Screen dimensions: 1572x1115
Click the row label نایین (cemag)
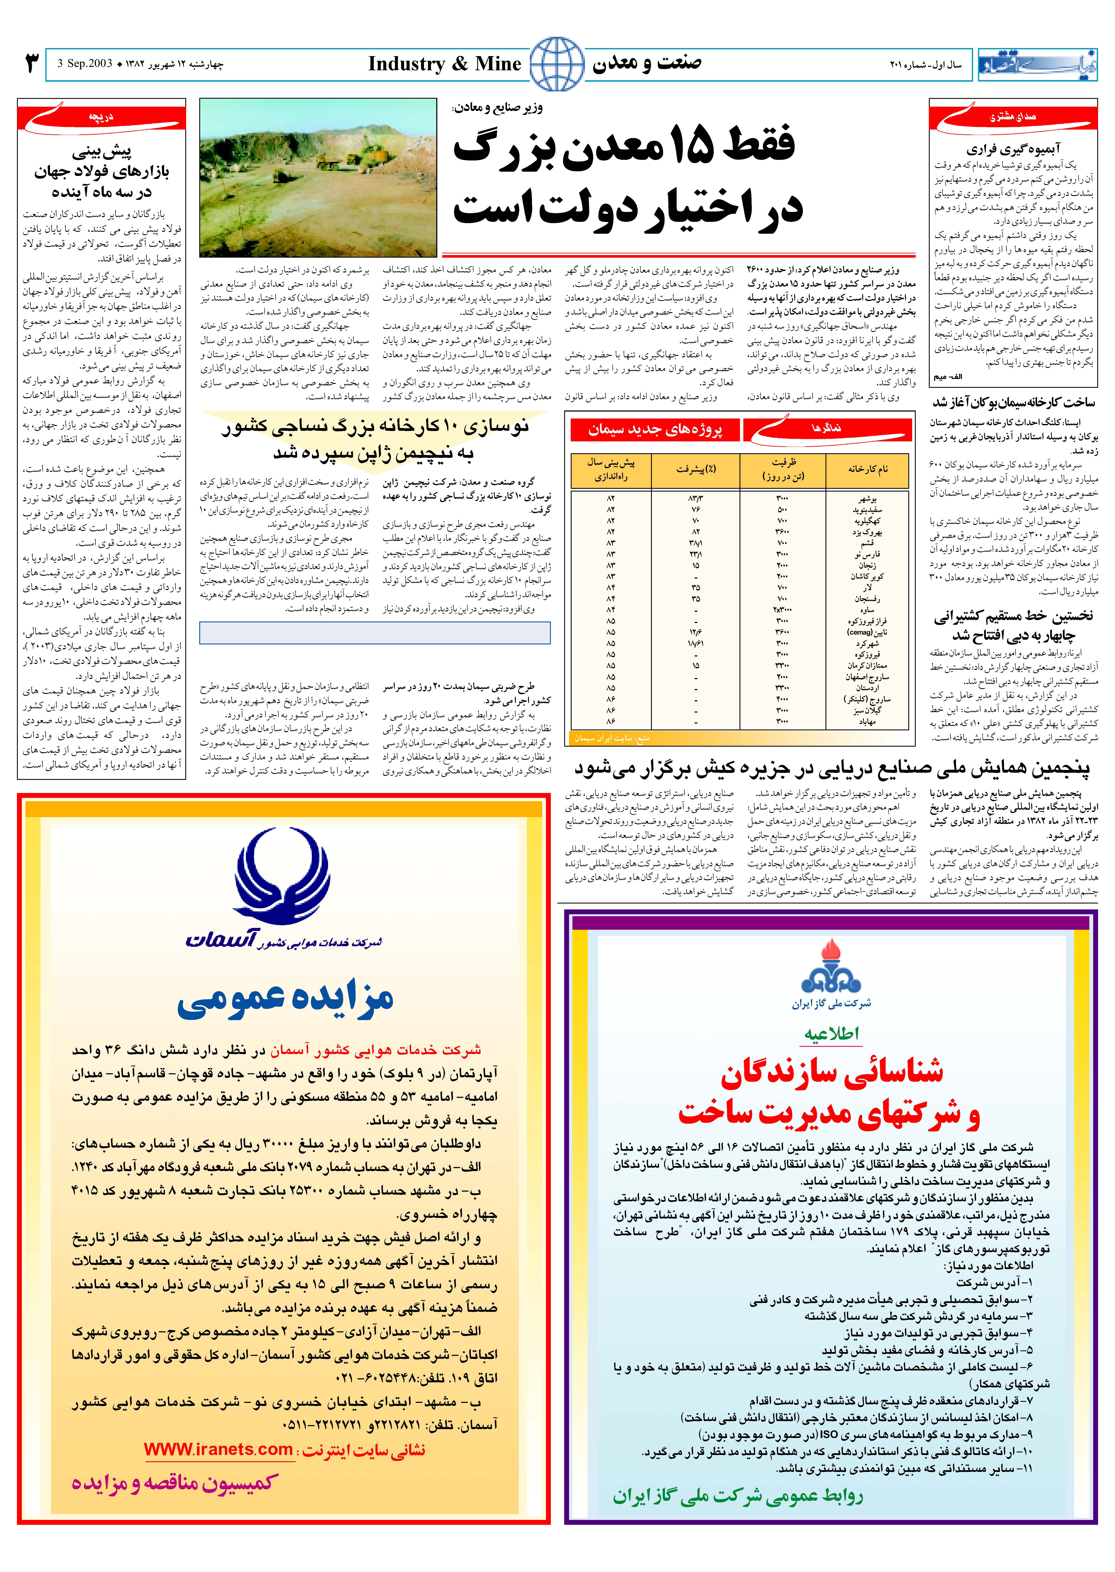pos(866,632)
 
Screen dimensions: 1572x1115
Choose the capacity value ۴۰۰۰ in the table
pos(782,699)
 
